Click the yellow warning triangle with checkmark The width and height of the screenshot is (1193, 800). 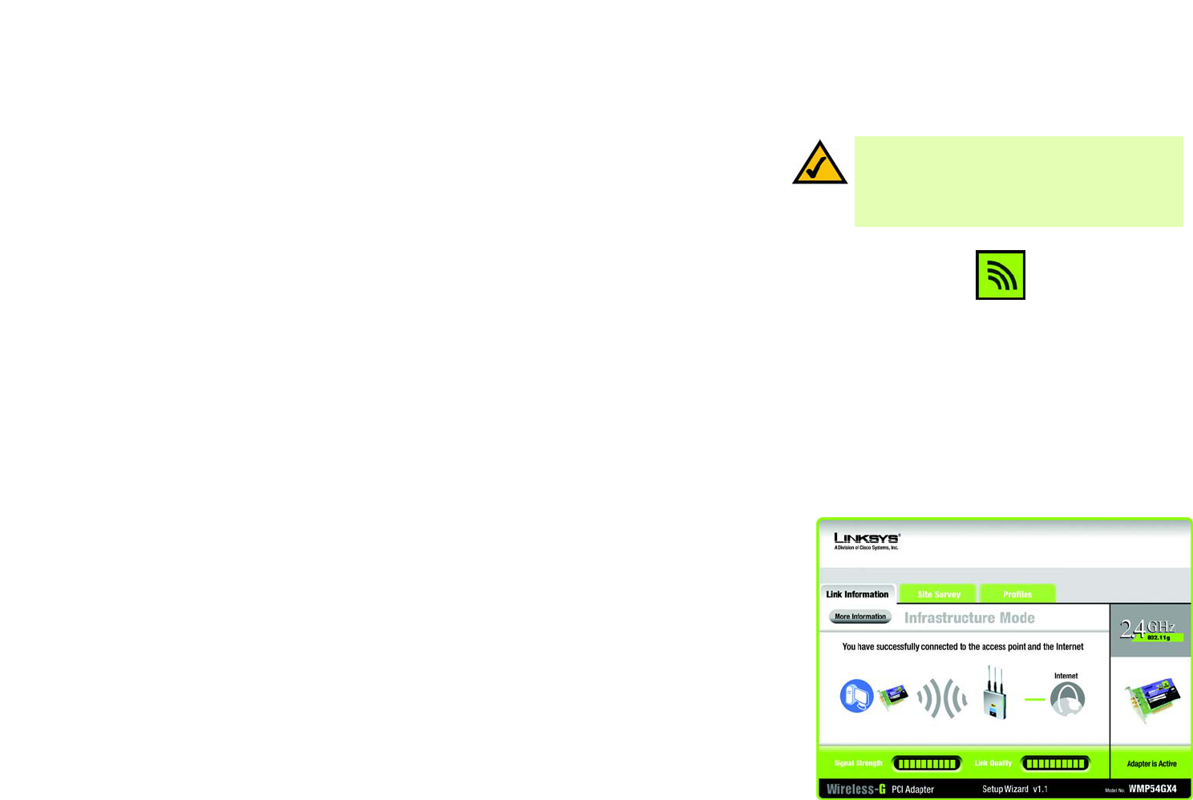click(x=819, y=164)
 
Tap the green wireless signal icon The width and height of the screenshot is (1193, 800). click(x=1000, y=275)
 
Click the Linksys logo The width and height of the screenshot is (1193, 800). click(x=866, y=540)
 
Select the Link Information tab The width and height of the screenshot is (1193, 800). click(x=857, y=594)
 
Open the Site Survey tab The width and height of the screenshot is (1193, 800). click(x=938, y=594)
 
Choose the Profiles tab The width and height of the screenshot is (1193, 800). click(x=1017, y=594)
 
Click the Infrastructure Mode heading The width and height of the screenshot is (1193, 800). click(x=969, y=618)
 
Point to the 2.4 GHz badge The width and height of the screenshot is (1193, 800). click(x=1149, y=629)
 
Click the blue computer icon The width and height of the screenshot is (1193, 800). click(x=856, y=696)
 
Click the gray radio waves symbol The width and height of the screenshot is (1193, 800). click(x=942, y=699)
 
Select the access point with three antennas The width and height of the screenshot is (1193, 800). click(x=995, y=694)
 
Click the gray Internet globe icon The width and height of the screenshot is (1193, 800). click(x=1067, y=699)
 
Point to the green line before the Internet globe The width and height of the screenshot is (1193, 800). click(x=1035, y=699)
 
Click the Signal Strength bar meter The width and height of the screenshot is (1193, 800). click(x=927, y=764)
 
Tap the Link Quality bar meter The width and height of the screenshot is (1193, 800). click(x=1055, y=764)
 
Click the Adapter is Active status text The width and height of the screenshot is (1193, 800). click(x=1151, y=764)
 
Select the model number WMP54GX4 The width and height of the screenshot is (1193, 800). click(x=1152, y=790)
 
